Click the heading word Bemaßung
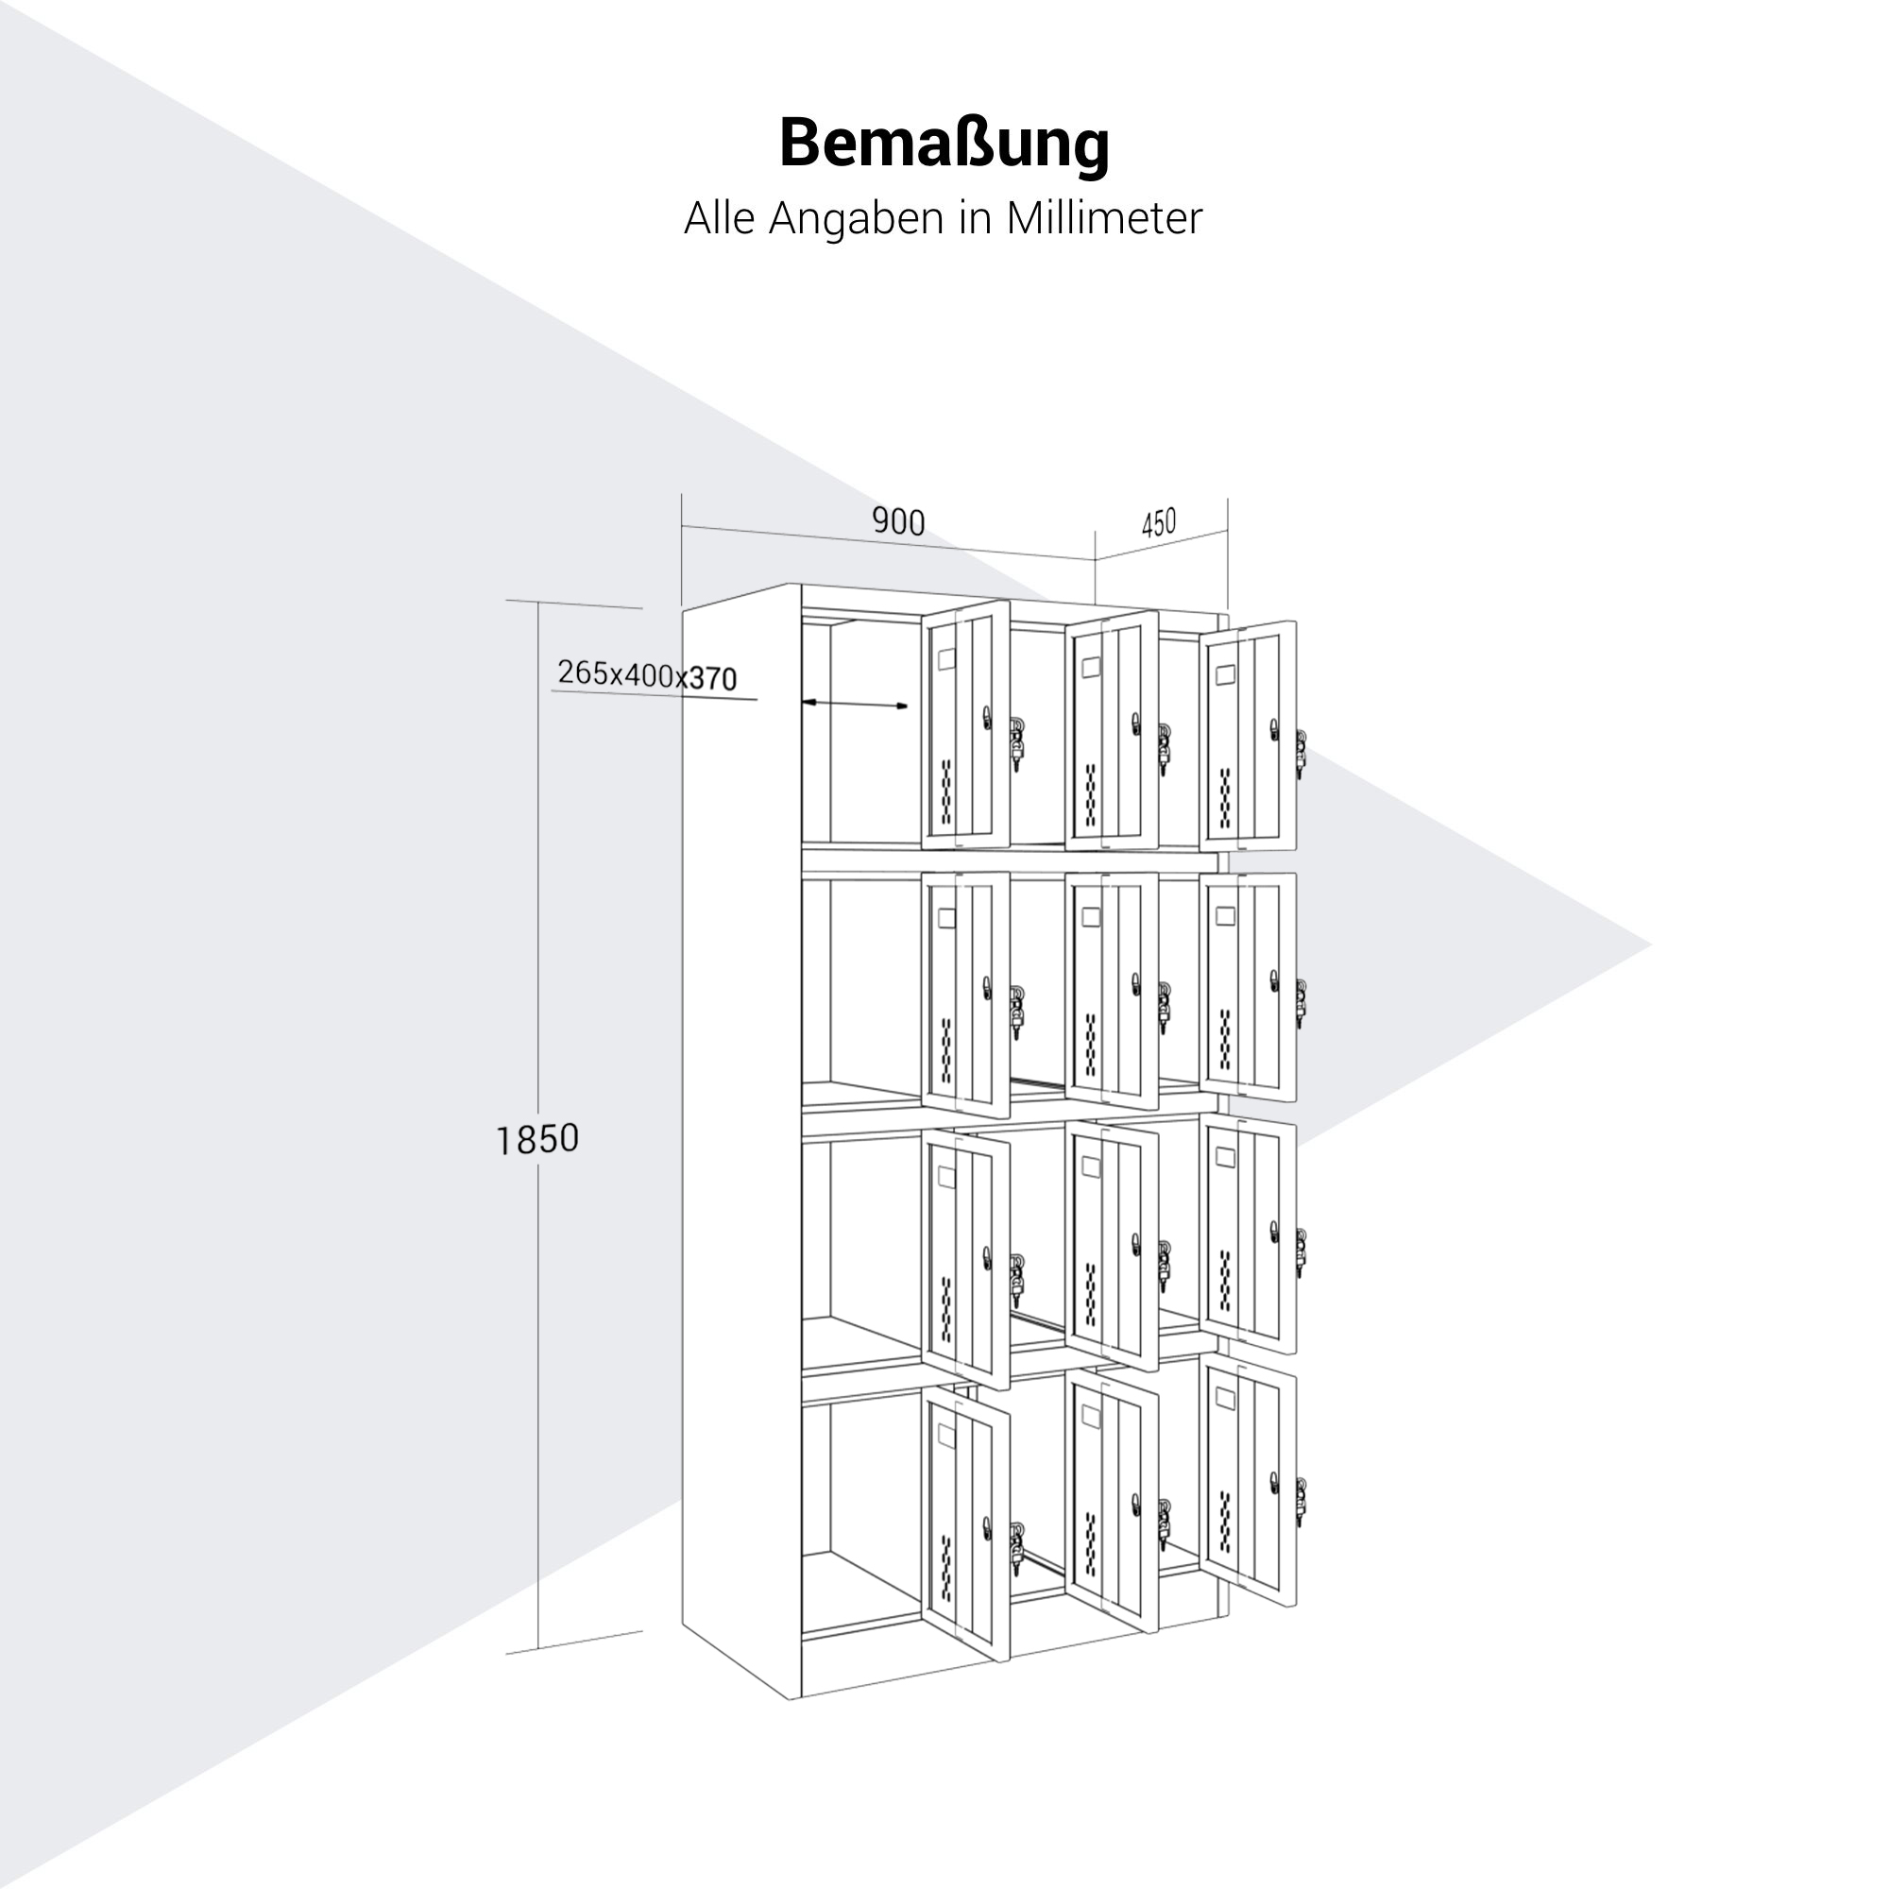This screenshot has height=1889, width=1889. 944,145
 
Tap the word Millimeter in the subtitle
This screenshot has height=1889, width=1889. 1104,218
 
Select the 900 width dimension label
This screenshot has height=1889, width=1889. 897,522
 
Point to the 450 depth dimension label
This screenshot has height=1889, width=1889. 1158,524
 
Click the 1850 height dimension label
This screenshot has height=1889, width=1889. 536,1139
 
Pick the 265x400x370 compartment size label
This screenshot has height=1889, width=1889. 646,674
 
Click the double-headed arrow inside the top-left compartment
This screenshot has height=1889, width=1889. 855,704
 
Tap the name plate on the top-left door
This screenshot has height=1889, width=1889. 946,660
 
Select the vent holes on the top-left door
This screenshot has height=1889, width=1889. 946,790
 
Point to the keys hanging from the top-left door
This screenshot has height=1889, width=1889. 1018,743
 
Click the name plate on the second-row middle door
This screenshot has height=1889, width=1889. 1090,917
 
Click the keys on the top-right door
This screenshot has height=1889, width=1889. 1301,753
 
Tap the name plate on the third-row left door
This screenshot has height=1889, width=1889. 946,1176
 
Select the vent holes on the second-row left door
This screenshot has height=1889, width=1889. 946,1048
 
